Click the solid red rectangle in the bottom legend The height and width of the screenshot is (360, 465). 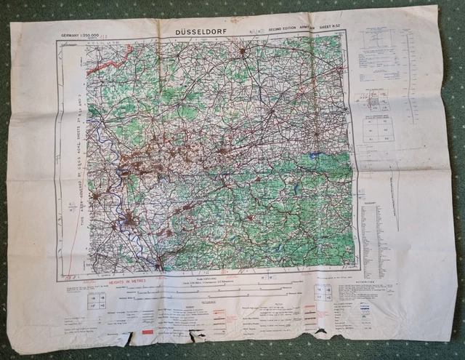tap(148, 332)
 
